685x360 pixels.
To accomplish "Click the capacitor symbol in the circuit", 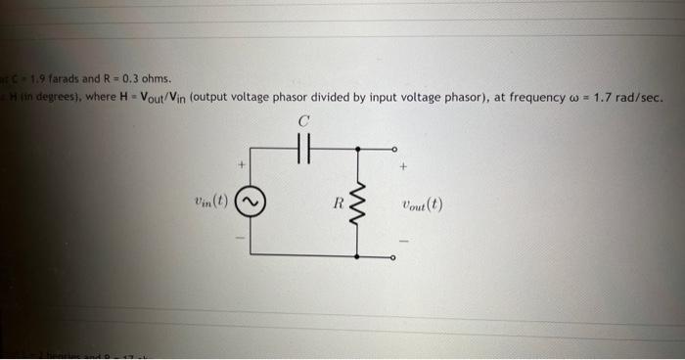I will [x=304, y=151].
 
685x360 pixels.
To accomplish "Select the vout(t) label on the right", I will [x=421, y=205].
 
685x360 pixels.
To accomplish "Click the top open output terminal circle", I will [x=393, y=151].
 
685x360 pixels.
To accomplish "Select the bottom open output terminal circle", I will [x=393, y=257].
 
